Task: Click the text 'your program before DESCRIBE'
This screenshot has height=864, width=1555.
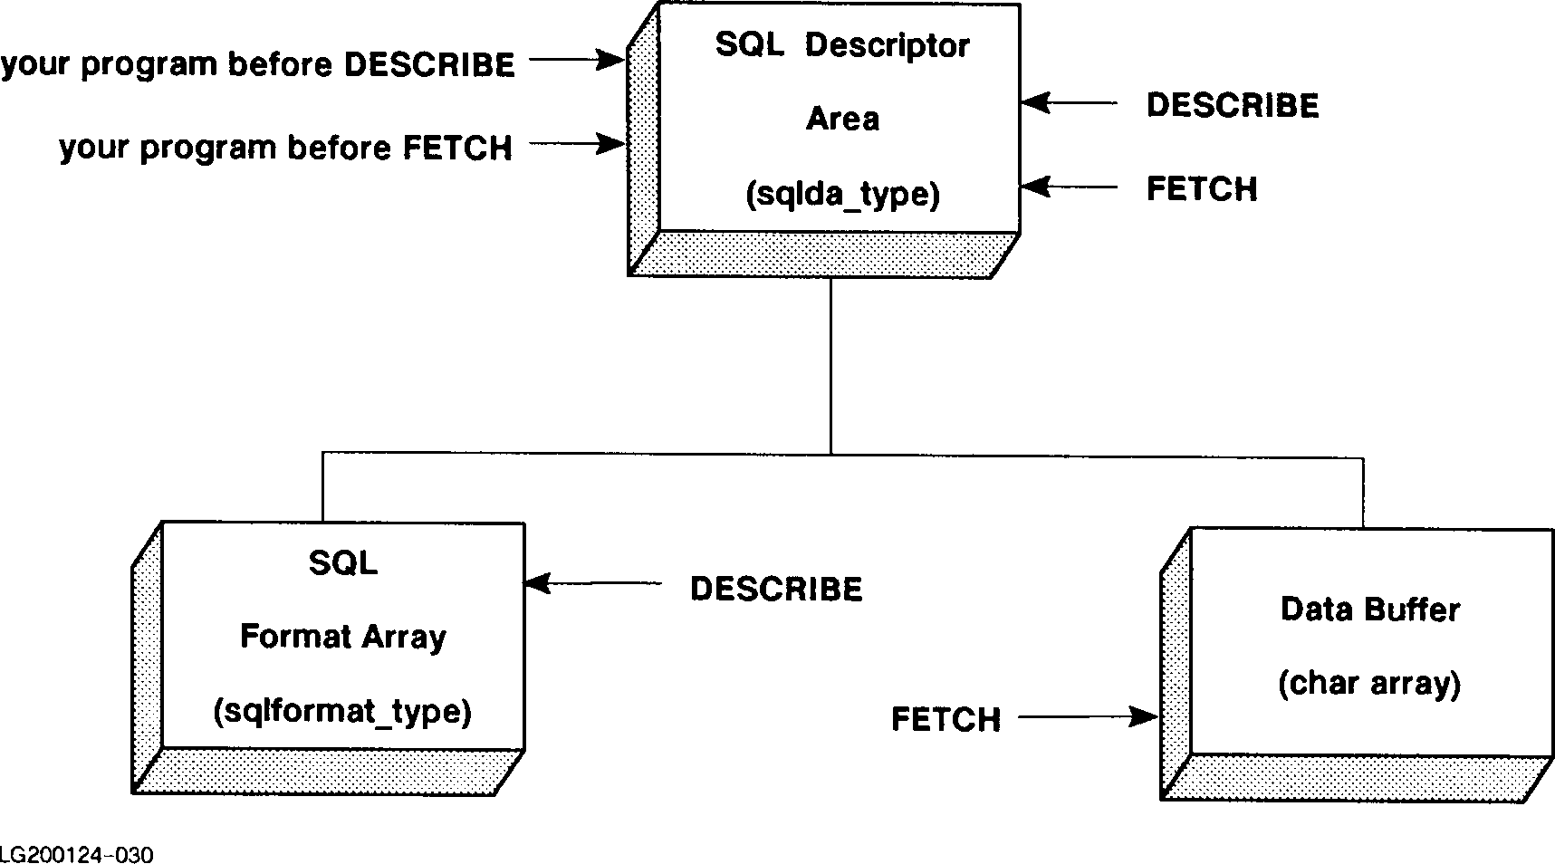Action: point(258,65)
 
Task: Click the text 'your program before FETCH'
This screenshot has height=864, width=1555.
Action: point(285,148)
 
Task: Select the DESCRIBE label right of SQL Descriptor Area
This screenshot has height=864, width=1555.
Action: point(1232,106)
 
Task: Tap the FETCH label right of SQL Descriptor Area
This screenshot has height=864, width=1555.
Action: point(1202,189)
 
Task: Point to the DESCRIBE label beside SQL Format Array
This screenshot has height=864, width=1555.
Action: point(775,590)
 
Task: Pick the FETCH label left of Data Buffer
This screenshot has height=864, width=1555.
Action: point(945,720)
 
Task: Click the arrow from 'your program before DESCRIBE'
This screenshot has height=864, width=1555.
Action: point(577,61)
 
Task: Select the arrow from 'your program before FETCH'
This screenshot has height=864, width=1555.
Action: point(577,143)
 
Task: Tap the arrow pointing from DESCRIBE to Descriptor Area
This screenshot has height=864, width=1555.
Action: point(1069,103)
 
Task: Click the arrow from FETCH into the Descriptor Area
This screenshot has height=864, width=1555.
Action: point(1069,187)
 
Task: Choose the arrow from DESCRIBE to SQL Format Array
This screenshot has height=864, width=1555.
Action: point(593,584)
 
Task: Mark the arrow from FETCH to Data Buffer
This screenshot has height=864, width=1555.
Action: point(1088,718)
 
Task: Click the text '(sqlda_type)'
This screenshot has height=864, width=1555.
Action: point(842,195)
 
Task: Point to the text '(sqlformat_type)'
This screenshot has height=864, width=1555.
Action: point(342,712)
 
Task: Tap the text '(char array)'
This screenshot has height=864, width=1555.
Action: point(1368,683)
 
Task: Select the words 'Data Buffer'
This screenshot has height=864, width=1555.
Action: point(1369,610)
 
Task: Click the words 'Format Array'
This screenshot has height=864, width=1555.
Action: point(342,637)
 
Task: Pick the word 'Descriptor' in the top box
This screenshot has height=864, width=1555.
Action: point(887,45)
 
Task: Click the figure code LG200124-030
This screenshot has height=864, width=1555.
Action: point(76,854)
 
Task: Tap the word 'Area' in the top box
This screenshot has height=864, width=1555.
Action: point(842,119)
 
